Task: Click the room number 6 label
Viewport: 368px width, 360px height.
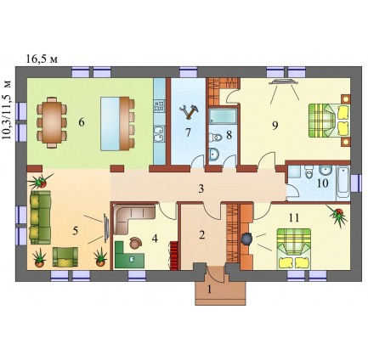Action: pos(82,122)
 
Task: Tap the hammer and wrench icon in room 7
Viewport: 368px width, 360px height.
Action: pos(189,111)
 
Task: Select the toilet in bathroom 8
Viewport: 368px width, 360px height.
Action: pos(216,138)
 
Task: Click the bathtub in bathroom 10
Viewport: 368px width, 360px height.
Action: pos(343,183)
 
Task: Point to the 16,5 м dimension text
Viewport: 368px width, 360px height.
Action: pos(42,59)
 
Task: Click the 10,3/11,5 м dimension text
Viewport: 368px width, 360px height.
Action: pos(8,110)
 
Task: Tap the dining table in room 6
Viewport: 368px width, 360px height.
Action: pos(52,122)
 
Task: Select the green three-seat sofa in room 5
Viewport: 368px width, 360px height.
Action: pos(40,217)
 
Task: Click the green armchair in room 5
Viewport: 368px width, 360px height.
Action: pos(65,256)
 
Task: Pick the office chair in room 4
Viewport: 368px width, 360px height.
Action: pos(136,243)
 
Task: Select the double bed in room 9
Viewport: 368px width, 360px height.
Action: pos(329,121)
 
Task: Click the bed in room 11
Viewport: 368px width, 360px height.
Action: pos(294,249)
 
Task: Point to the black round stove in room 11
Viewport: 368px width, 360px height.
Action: pos(246,239)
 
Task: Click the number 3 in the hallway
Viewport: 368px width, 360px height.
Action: pos(201,188)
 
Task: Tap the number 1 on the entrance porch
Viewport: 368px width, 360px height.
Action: pos(209,290)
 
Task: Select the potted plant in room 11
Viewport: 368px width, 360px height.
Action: pos(337,215)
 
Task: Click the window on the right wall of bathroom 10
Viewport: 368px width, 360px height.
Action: pos(356,183)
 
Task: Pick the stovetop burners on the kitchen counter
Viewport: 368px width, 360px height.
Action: pos(159,106)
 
